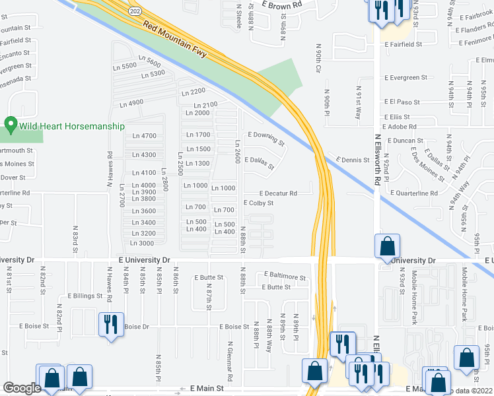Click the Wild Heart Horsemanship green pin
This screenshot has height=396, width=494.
pyautogui.click(x=10, y=124)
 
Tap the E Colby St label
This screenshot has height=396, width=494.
pyautogui.click(x=258, y=203)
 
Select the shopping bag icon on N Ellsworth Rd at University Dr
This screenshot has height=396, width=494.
pyautogui.click(x=387, y=247)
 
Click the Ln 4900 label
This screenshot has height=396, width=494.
pyautogui.click(x=131, y=103)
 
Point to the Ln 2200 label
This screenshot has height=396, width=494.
pyautogui.click(x=194, y=90)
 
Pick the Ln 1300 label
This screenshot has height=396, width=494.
pyautogui.click(x=197, y=164)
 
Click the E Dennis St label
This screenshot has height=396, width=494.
pyautogui.click(x=352, y=160)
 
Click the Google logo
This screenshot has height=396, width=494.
pyautogui.click(x=22, y=388)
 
